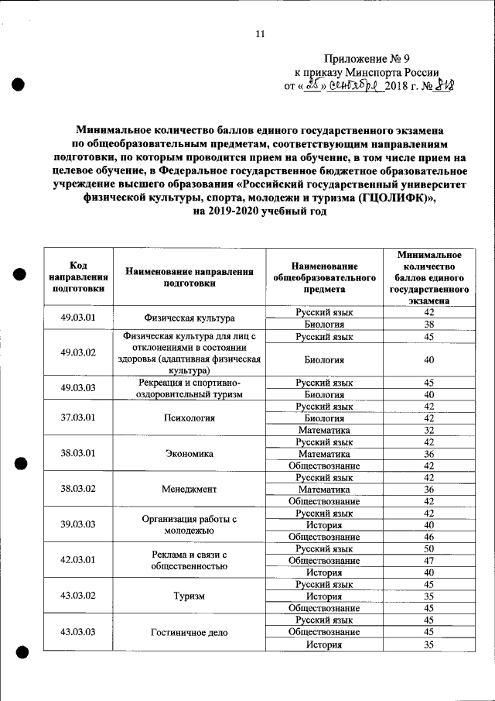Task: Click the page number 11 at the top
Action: click(x=259, y=34)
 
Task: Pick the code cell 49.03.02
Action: click(x=78, y=353)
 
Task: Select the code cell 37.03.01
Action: click(x=78, y=418)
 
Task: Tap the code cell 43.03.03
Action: click(x=78, y=632)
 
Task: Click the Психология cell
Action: click(x=189, y=418)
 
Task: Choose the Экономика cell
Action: click(x=189, y=454)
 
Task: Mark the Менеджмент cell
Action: click(x=189, y=490)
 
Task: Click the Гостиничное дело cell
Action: click(x=189, y=632)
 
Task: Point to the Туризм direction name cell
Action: click(x=189, y=596)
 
